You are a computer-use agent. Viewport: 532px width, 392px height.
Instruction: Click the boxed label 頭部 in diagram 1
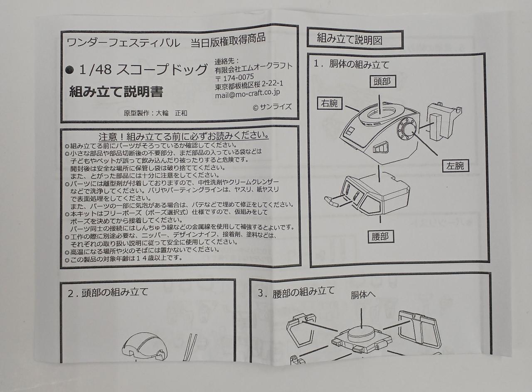click(382, 81)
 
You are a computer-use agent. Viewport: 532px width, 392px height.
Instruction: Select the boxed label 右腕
click(329, 104)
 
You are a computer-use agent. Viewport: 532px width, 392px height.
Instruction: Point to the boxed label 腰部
click(378, 236)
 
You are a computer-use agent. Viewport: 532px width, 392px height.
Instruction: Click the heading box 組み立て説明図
click(355, 39)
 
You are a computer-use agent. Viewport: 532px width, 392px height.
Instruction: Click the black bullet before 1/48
click(70, 71)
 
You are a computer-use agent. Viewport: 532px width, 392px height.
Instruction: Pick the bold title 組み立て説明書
click(116, 91)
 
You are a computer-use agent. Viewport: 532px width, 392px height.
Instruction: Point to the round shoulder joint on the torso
click(406, 130)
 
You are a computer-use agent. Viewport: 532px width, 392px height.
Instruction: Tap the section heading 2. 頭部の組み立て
click(108, 292)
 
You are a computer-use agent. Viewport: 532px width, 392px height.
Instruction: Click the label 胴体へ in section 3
click(363, 295)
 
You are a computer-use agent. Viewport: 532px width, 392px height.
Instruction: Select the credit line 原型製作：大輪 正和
click(153, 113)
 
